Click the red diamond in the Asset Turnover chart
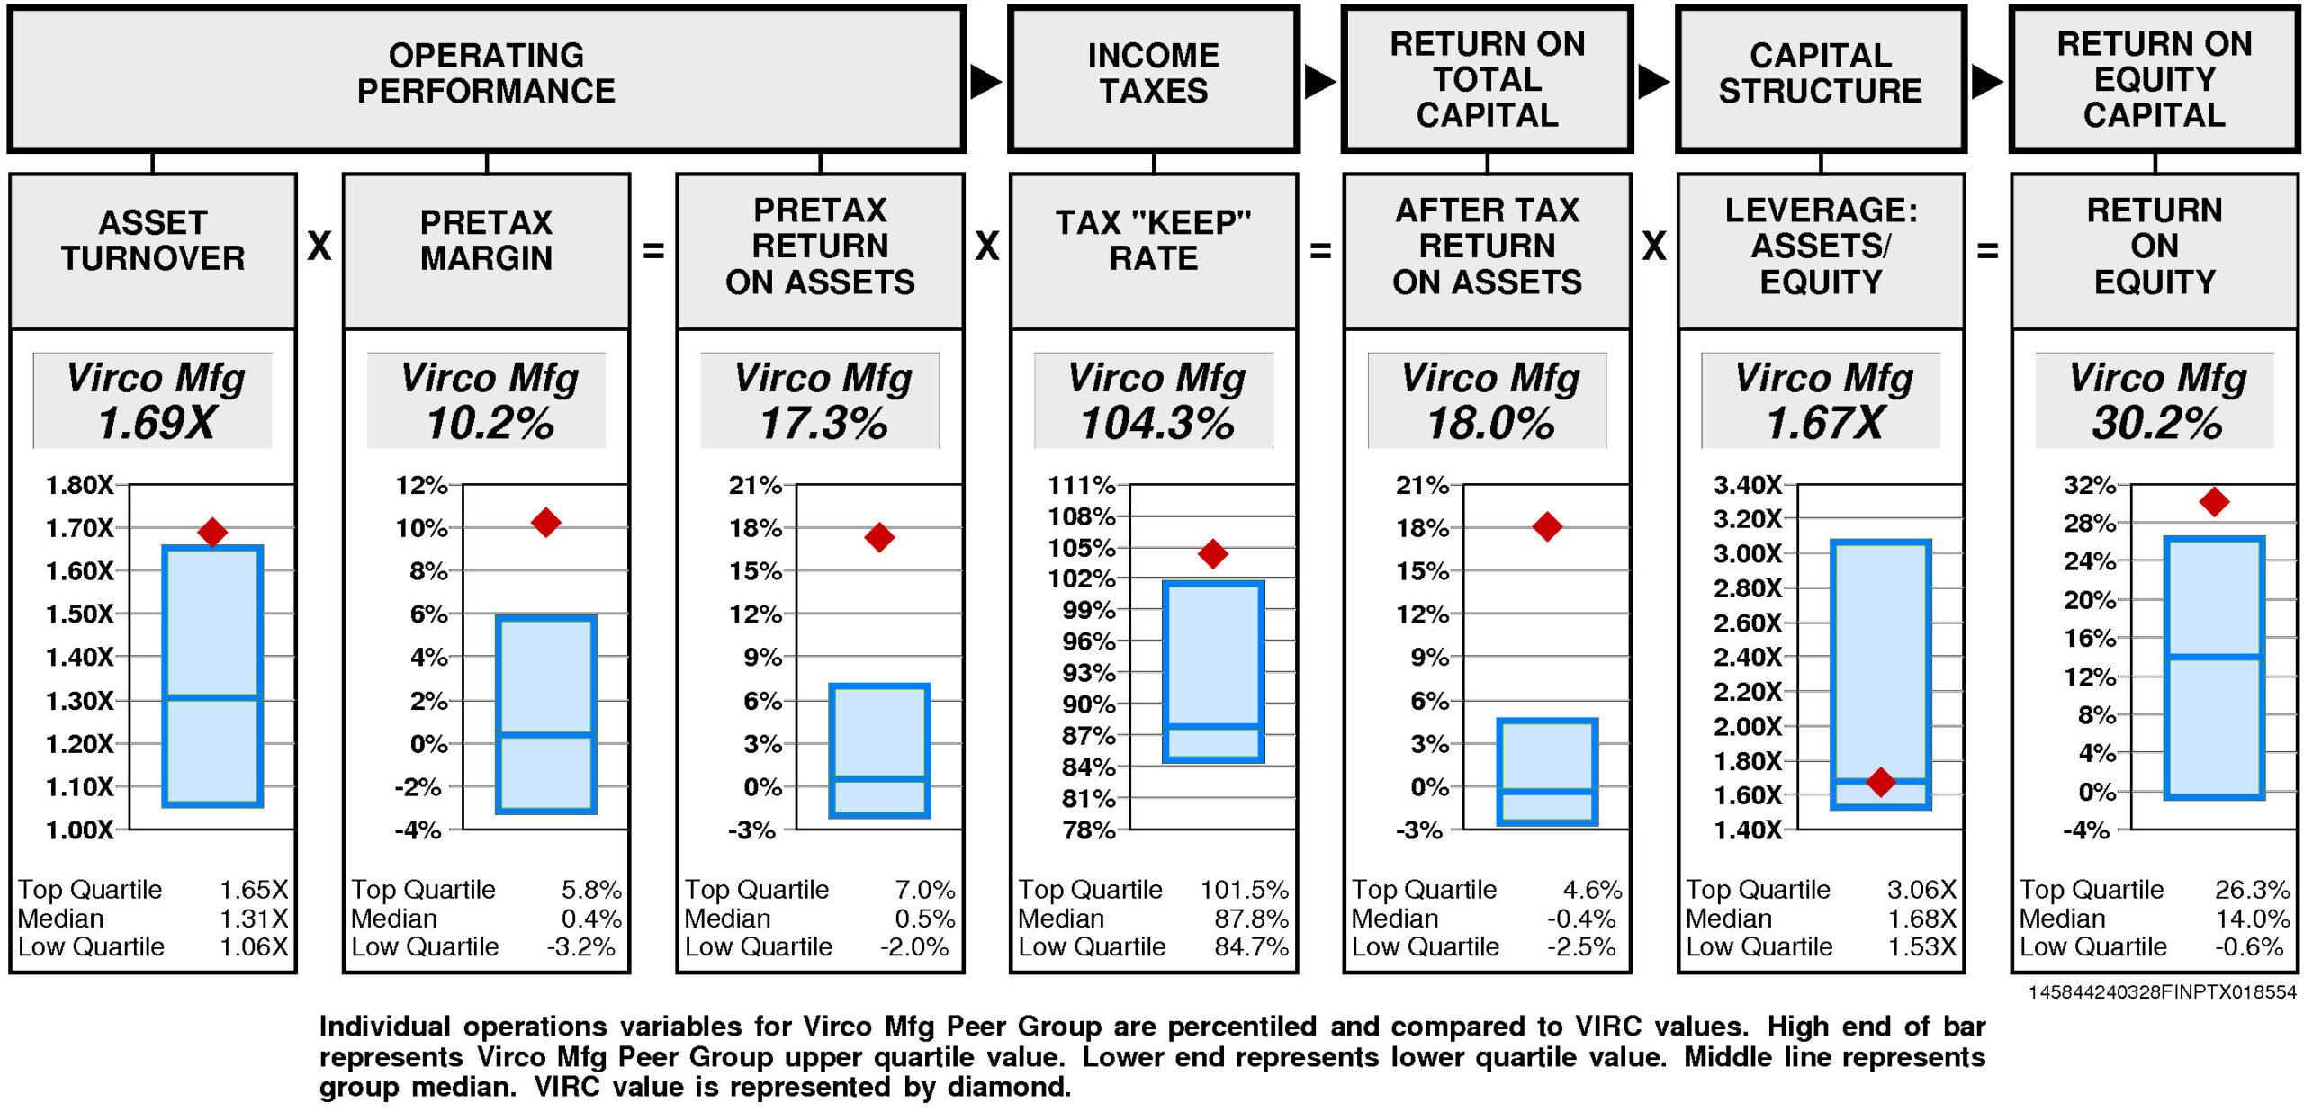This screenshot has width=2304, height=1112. [x=212, y=532]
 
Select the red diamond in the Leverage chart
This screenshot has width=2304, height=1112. [x=1880, y=782]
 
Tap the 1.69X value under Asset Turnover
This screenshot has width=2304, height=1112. [x=157, y=423]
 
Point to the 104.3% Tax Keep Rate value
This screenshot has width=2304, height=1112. [x=1157, y=423]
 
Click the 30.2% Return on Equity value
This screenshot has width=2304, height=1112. [x=2156, y=423]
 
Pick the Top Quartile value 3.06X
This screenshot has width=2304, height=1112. [x=1921, y=890]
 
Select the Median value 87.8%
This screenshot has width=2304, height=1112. [x=1251, y=919]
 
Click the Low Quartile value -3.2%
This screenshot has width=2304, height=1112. [x=581, y=946]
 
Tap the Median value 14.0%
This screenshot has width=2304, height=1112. [x=2252, y=919]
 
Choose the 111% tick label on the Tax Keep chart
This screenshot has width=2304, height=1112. [x=1081, y=486]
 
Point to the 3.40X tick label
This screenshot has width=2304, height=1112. [x=1747, y=486]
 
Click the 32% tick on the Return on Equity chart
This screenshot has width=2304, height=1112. [x=2089, y=486]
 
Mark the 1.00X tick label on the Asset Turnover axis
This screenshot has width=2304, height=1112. [x=80, y=830]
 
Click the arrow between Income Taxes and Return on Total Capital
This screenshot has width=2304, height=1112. [x=1319, y=82]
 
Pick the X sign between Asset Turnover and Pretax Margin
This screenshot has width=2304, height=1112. [x=319, y=247]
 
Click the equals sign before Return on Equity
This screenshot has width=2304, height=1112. [x=1987, y=250]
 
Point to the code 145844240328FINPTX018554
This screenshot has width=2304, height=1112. [x=2162, y=992]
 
